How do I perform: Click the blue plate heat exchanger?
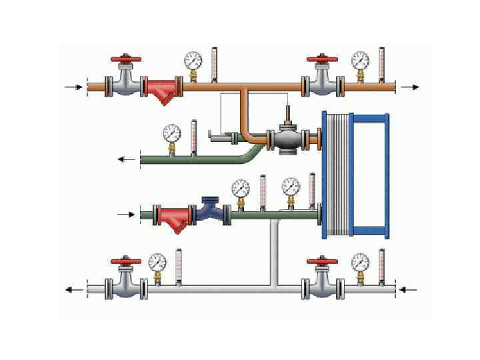click(x=353, y=175)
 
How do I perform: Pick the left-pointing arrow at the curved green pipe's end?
click(x=126, y=159)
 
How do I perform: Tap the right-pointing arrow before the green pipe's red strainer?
click(x=126, y=214)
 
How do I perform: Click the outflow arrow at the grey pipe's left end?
click(x=74, y=289)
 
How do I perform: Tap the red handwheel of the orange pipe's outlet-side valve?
click(x=323, y=61)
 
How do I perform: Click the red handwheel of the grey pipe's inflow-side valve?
click(x=323, y=261)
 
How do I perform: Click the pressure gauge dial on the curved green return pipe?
click(x=171, y=133)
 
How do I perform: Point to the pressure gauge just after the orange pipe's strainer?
click(x=193, y=61)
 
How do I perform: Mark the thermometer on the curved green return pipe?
click(x=194, y=136)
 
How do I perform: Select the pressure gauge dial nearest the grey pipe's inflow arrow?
click(x=360, y=261)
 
